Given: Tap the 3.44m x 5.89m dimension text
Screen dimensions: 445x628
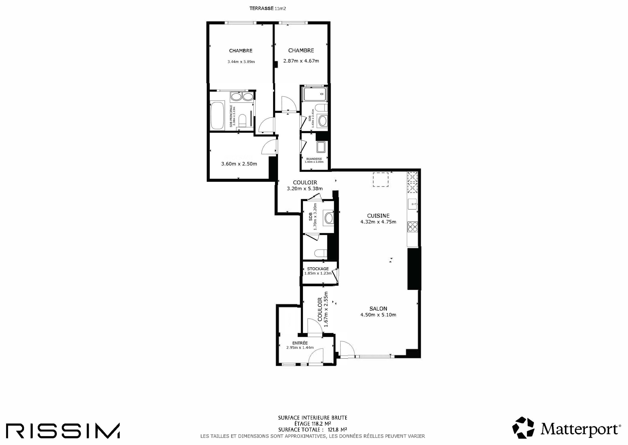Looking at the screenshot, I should coord(241,62).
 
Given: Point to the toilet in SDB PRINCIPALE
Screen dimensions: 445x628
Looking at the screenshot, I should coord(242,121).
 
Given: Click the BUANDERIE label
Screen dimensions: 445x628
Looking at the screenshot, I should coord(314,159).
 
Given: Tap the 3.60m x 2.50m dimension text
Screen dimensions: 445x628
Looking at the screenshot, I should coord(239,164).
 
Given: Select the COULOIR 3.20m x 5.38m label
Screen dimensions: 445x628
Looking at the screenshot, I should coord(305,185).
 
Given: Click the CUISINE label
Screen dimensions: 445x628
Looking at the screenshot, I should coord(378,216).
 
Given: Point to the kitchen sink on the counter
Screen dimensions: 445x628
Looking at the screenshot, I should coord(412,204).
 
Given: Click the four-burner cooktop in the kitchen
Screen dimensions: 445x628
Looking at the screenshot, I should coord(412,227).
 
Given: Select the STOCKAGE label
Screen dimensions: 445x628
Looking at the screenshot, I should coord(317,269).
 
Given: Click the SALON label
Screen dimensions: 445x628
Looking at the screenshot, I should coord(378,309).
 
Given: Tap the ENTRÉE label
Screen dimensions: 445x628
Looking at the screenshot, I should coord(300,343).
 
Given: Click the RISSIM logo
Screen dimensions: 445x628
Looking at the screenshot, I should coord(63,431).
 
